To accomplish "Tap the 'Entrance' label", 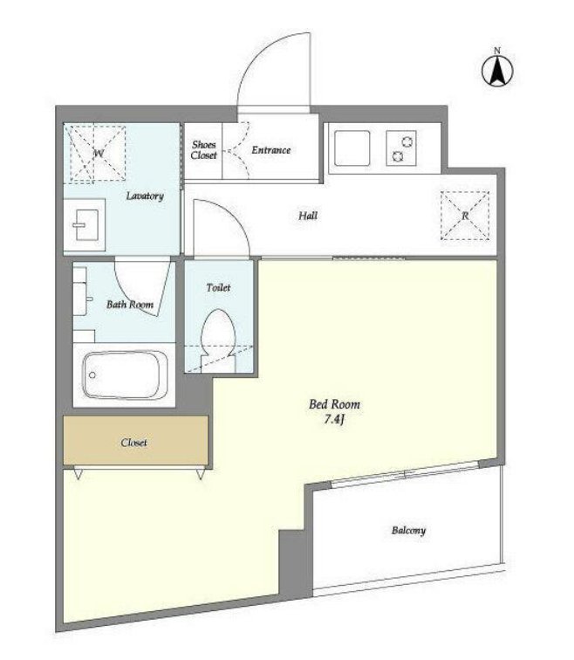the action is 270,150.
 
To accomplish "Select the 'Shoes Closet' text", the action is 203,150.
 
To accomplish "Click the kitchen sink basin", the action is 352,148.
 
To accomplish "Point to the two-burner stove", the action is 401,148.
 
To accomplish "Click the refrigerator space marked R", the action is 465,216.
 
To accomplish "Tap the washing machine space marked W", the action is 98,154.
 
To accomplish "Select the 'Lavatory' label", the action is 145,196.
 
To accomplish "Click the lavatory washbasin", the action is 86,224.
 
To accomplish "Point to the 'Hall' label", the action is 308,216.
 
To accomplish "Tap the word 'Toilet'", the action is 218,287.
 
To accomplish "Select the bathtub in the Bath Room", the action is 125,375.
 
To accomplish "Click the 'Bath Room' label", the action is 130,305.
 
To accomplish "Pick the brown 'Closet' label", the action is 133,443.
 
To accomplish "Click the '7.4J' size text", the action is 334,419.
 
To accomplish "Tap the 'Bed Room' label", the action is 334,404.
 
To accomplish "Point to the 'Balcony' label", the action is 408,531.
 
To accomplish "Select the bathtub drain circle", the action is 92,375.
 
